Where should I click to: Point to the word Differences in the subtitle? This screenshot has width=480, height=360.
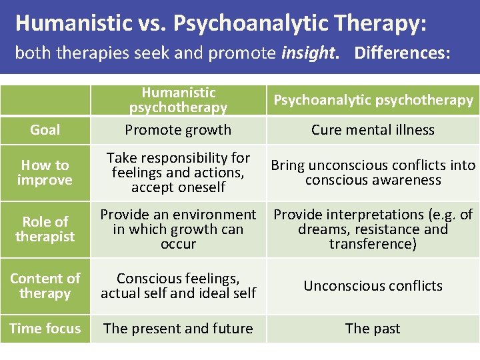point(399,53)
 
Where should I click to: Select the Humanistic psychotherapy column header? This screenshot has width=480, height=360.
point(178,100)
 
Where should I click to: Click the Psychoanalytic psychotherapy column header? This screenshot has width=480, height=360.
point(373,100)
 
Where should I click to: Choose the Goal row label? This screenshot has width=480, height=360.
point(45,130)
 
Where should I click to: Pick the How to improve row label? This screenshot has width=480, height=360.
point(45,173)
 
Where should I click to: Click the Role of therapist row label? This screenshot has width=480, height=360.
point(45,229)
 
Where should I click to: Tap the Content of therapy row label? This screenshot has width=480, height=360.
point(45,285)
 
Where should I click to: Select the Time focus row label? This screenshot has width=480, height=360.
point(45,328)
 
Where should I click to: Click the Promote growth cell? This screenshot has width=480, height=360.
point(178,130)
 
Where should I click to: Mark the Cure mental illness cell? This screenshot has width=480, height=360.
point(373,130)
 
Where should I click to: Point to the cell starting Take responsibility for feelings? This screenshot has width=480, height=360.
point(178,173)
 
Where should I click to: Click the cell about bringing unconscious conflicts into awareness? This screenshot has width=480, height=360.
point(373,173)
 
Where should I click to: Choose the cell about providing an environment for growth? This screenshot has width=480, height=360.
point(178,229)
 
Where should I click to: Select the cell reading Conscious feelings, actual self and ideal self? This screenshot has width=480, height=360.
point(178,285)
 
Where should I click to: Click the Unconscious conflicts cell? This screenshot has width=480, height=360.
point(373,285)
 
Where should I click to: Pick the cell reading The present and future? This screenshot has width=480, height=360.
point(178,328)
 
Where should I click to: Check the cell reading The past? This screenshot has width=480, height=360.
point(373,328)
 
